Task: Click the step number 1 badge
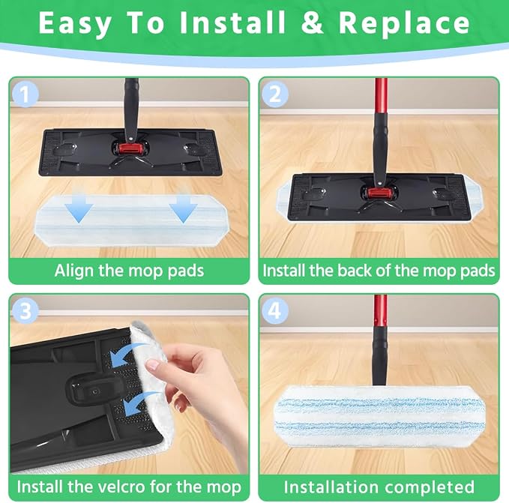25,94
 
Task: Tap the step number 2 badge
275,94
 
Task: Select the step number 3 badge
25,310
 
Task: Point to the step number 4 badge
275,310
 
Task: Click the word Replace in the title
405,23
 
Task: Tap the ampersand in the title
313,23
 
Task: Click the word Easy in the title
75,24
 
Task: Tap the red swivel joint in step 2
377,193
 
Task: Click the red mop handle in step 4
380,311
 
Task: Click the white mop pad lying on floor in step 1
133,220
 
